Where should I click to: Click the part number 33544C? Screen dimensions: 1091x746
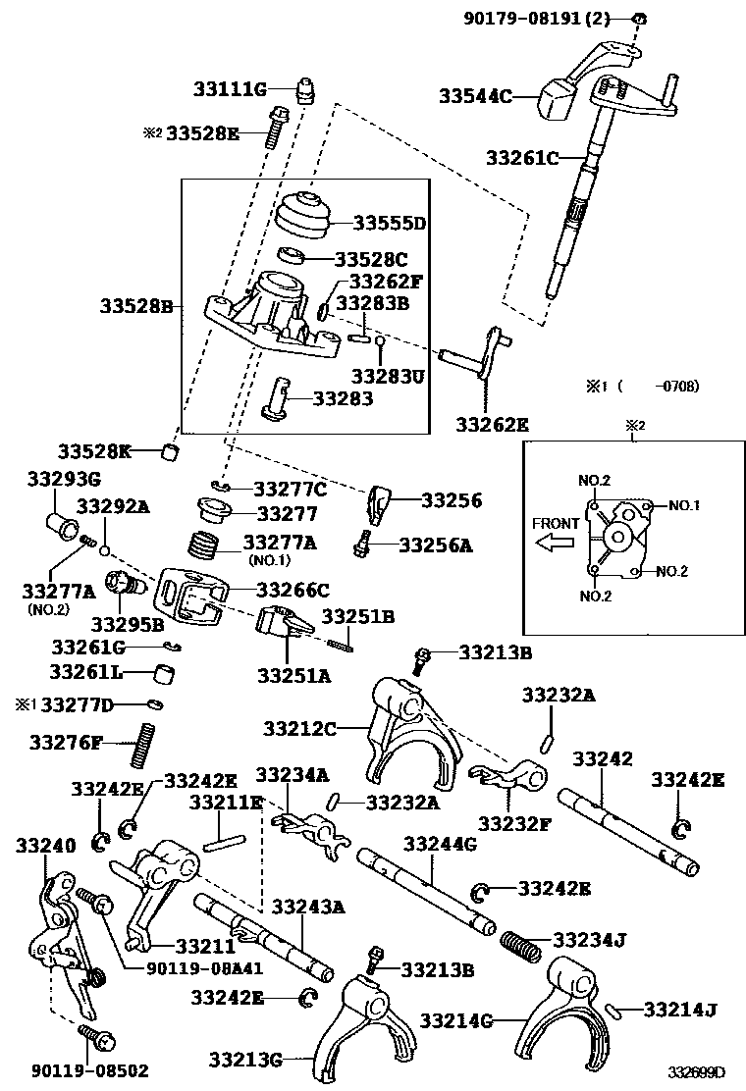pos(475,96)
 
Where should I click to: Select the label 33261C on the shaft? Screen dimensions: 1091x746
pos(522,158)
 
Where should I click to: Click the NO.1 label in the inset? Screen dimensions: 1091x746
pos(684,506)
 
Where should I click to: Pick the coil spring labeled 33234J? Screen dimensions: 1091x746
pos(523,944)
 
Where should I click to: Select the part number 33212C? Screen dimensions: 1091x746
pos(299,728)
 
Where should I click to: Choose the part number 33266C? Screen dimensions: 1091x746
pos(293,590)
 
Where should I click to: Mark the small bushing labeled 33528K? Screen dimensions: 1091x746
pos(174,452)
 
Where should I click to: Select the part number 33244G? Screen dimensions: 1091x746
pos(440,844)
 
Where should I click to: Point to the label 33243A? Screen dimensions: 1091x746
pos(308,907)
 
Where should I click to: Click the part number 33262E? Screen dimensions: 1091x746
pos(492,425)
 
